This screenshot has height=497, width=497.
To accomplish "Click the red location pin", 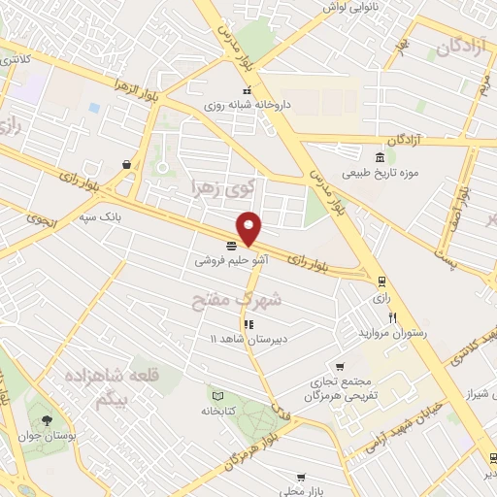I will pos(249,227).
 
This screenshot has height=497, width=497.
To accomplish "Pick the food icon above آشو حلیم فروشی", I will pos(230,246).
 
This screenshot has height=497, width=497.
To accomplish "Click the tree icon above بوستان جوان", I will pos(47,419).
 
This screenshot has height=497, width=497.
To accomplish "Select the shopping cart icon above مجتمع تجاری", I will pos(339,367).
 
